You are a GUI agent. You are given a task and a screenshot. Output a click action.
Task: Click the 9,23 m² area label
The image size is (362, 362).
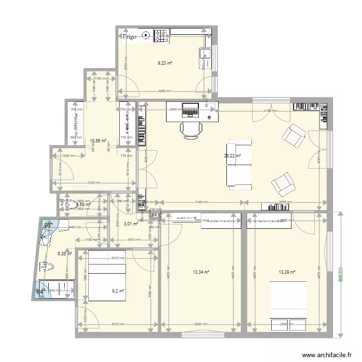point(165,63)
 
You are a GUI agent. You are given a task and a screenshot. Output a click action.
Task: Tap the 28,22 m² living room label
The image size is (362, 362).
point(232,156)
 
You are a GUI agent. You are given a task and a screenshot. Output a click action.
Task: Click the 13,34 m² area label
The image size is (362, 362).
point(201,272)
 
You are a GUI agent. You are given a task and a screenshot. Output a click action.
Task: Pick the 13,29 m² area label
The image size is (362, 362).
point(287,272)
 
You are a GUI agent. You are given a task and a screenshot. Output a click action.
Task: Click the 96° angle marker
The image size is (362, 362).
point(48,225)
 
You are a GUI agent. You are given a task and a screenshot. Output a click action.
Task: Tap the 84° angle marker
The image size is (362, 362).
point(41,292)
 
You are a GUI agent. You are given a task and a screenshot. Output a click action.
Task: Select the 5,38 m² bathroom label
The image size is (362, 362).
point(65,253)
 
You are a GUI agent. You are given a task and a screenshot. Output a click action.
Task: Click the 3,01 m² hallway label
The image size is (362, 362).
point(131,223)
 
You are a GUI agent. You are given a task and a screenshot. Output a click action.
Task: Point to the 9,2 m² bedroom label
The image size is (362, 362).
point(118,291)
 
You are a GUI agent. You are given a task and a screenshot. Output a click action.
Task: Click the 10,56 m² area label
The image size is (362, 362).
point(98,141)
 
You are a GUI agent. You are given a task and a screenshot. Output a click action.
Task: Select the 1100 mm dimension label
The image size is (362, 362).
point(100,79)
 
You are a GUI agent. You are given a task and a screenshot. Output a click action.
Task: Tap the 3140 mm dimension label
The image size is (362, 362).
point(202,202)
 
